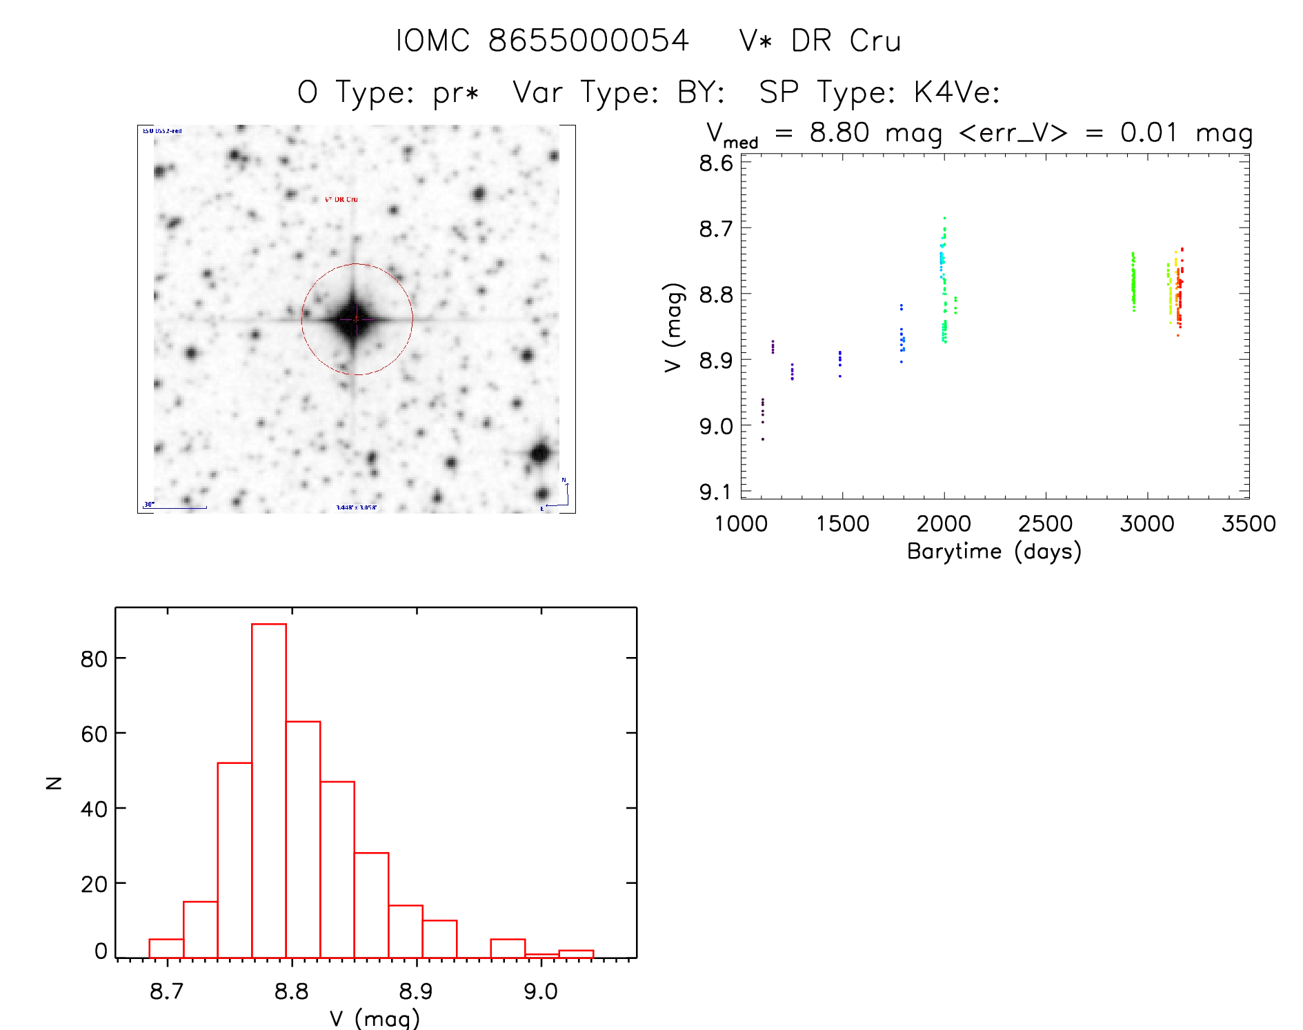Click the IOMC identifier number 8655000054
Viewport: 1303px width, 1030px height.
tap(588, 41)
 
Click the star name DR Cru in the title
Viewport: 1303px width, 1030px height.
tap(846, 41)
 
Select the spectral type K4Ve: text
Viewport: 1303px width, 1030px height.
tap(956, 92)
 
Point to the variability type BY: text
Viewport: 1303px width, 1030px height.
tap(701, 92)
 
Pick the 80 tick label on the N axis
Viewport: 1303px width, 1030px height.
tap(94, 659)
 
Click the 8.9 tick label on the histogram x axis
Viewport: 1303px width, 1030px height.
tap(416, 991)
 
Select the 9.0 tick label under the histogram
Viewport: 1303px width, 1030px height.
tap(541, 991)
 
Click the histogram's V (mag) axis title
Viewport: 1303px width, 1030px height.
tap(375, 1018)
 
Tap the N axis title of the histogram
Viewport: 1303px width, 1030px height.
tap(54, 782)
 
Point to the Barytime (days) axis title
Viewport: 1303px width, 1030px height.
tap(994, 552)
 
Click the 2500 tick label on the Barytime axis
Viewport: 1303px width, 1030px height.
tap(1045, 524)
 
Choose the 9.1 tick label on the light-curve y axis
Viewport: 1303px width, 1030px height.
tap(715, 492)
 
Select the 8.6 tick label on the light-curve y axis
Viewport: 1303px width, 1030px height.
tap(715, 163)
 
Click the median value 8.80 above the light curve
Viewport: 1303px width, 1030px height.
tap(839, 132)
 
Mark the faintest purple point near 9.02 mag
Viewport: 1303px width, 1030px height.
tap(762, 439)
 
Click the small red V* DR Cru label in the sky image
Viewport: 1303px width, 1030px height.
tap(341, 199)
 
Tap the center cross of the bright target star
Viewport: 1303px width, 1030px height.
tap(356, 319)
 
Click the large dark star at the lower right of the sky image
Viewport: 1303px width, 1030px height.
tap(540, 454)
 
